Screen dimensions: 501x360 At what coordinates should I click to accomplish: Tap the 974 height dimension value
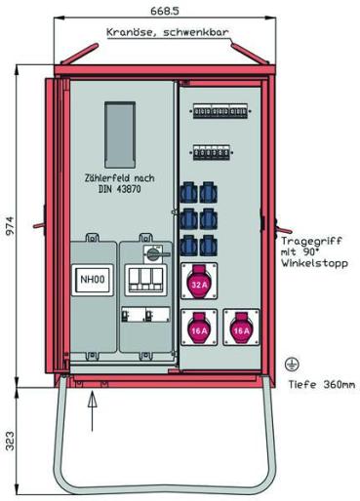click(x=9, y=226)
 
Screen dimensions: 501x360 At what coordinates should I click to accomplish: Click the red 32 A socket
click(x=199, y=285)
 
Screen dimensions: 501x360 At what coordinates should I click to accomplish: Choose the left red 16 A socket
click(x=199, y=330)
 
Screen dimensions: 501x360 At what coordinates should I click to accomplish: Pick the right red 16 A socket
click(x=240, y=330)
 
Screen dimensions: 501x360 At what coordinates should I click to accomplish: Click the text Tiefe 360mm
click(x=318, y=384)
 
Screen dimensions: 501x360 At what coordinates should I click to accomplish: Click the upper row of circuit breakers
click(x=218, y=112)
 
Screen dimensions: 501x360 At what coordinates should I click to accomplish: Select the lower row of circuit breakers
click(x=216, y=153)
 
